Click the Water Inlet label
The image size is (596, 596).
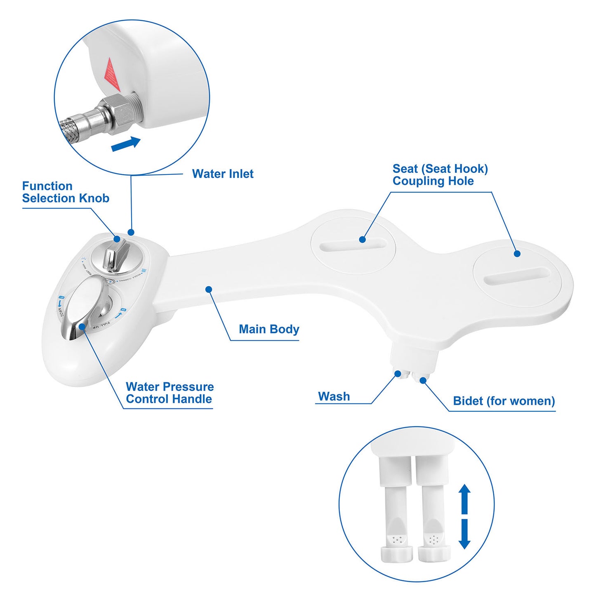[222, 174]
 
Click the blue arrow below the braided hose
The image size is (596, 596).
[126, 144]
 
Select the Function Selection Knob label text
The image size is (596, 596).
[65, 192]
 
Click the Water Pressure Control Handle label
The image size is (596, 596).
[170, 393]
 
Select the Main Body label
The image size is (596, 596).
[269, 329]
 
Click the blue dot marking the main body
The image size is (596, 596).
[209, 290]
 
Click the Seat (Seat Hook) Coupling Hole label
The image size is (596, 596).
[440, 175]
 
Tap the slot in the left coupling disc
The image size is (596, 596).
[353, 245]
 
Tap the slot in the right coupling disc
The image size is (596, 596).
[517, 275]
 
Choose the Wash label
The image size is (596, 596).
[334, 396]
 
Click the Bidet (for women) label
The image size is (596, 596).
[504, 401]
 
